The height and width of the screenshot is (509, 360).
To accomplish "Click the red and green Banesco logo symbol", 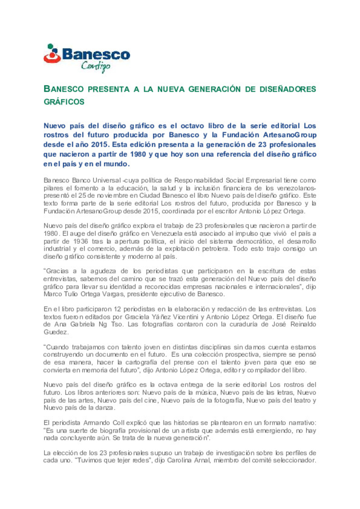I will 52,54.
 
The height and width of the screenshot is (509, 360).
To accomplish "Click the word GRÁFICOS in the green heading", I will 64,102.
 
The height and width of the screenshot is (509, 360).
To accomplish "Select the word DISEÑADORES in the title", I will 288,89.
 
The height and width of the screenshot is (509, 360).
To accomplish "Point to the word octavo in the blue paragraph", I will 192,126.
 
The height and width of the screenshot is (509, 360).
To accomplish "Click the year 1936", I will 81,241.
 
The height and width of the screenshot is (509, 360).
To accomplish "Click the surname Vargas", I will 112,294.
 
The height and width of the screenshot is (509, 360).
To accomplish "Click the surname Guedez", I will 56,332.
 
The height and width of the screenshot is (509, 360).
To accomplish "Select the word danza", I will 105,408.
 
